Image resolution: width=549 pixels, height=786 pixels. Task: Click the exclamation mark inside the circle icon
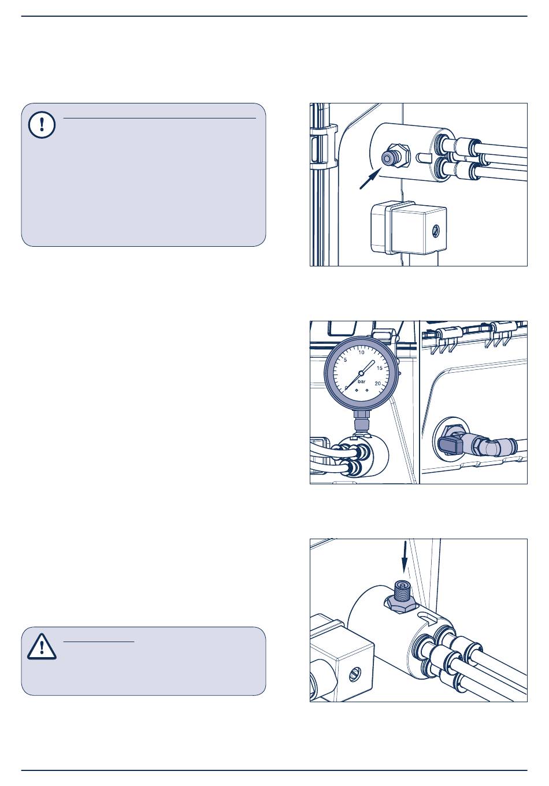[42, 125]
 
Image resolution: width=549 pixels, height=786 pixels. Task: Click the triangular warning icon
[42, 646]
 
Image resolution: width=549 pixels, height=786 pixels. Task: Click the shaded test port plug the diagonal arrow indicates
[387, 158]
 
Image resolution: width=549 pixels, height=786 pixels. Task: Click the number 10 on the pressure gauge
[362, 352]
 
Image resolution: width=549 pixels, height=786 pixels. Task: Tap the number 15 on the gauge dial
[380, 368]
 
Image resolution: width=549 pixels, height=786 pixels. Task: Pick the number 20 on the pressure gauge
[378, 383]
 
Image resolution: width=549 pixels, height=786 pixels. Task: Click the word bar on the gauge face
[362, 381]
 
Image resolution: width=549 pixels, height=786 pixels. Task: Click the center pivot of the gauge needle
[361, 372]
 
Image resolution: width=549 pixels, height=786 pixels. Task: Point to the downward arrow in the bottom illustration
[405, 557]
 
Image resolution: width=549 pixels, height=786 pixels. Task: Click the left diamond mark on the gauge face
[356, 391]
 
